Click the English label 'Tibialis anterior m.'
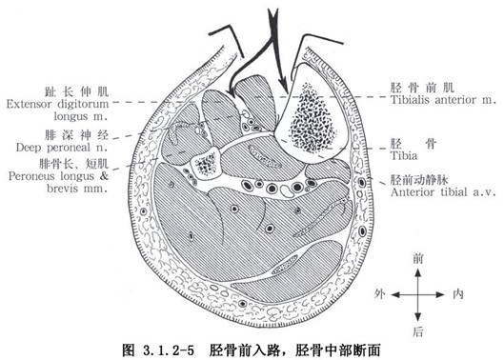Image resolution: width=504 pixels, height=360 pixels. click(444, 100)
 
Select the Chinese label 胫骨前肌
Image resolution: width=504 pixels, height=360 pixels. click(422, 88)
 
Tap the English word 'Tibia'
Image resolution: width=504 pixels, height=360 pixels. click(404, 156)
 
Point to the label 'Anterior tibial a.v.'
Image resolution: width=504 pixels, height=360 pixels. click(443, 192)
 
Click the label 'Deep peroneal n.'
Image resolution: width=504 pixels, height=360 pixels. click(62, 148)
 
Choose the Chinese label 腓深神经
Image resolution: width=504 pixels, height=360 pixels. click(76, 135)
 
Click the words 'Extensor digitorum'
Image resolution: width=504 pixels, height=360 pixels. click(57, 104)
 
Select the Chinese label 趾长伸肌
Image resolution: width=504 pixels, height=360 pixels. click(76, 91)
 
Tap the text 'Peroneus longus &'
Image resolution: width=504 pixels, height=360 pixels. click(58, 176)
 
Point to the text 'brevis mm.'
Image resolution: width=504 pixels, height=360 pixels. click(77, 188)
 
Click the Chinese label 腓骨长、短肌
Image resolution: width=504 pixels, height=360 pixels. click(74, 164)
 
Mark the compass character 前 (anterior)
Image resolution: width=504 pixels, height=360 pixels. click(417, 259)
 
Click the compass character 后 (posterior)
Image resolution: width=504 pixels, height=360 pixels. click(417, 331)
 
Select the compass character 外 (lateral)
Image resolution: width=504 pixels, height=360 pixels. click(379, 294)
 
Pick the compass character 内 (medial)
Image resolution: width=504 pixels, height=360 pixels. click(457, 294)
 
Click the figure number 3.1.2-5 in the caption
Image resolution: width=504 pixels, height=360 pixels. click(167, 350)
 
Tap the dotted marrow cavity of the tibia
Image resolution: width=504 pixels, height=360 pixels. click(312, 118)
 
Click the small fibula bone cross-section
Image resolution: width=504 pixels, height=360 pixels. click(206, 163)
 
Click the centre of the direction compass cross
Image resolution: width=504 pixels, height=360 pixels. click(417, 294)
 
